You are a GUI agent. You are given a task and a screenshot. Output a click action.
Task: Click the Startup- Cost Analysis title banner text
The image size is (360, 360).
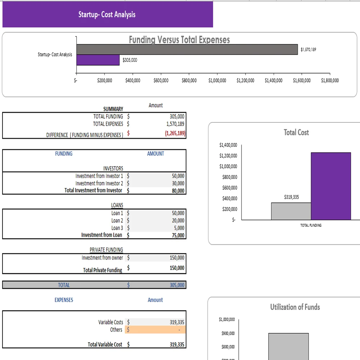pos(107,15)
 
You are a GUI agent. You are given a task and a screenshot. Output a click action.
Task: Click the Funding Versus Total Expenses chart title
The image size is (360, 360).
pos(179,40)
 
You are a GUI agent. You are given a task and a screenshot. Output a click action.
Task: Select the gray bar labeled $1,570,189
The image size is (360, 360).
pos(187,50)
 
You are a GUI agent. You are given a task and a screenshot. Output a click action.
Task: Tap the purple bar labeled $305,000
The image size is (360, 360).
pos(98,60)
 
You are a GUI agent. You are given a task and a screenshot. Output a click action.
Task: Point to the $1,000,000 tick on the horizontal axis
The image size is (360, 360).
pos(217,81)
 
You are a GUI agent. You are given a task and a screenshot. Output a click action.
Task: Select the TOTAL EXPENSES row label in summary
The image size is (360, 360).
pos(108,124)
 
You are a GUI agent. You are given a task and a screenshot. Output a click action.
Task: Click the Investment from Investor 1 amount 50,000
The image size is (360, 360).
pos(178,176)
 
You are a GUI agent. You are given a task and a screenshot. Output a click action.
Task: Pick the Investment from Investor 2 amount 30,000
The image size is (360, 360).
pos(178,183)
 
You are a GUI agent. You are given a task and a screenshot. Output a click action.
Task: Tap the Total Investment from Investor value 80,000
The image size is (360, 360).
pos(178,191)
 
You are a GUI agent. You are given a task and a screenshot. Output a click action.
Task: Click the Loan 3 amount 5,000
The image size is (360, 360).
pos(179,228)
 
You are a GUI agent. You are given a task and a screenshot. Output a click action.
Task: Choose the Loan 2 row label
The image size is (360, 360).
pos(117,220)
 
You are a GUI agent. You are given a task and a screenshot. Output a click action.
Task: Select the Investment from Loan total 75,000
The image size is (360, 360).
pos(178,235)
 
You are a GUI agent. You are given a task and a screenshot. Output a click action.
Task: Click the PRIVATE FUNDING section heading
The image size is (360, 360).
pos(106,250)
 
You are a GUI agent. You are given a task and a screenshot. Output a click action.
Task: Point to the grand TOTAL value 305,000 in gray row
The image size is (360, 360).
pos(177,285)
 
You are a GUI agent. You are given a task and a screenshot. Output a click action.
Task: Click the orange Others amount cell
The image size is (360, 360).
pos(156,330)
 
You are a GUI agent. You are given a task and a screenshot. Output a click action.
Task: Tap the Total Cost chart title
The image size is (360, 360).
pos(296,132)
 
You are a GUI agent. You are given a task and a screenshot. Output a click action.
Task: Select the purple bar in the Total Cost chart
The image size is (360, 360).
pos(331,186)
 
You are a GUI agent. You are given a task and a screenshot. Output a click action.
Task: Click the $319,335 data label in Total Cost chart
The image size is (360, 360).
pos(291,197)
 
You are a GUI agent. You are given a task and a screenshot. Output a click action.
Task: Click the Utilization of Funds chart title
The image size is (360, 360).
pos(295,307)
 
